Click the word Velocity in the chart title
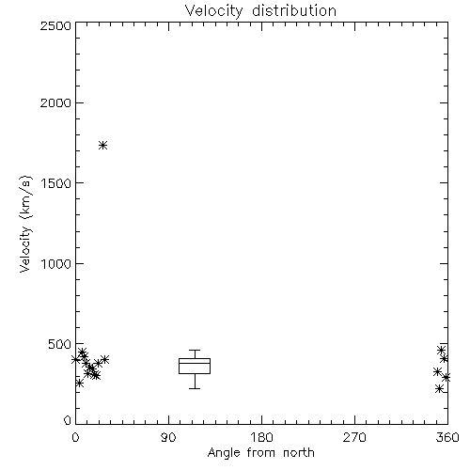tap(213, 11)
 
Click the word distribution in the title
tap(294, 10)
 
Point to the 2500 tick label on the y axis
tap(55, 25)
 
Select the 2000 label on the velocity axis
tap(55, 102)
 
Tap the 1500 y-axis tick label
tap(56, 183)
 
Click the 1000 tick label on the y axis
tap(56, 263)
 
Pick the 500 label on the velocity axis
tap(60, 344)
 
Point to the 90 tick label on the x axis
tap(168, 437)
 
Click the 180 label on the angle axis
tap(261, 437)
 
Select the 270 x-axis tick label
tap(354, 437)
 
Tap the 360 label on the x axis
tap(447, 437)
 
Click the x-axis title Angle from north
tap(261, 453)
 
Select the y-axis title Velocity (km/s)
tap(25, 224)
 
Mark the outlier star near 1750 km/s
tap(103, 146)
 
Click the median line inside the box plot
tap(195, 363)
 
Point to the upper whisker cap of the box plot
tap(195, 350)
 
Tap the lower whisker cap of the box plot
tap(195, 388)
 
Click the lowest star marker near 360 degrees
tap(439, 389)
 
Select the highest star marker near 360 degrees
tap(442, 350)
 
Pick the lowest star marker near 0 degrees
tap(79, 383)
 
